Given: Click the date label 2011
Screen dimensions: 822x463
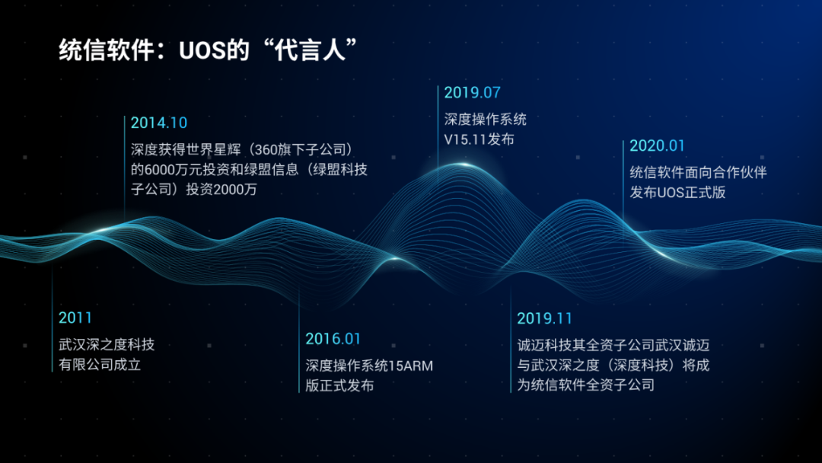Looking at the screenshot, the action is tap(75, 318).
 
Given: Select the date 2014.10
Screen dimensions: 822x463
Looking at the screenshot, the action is tap(159, 123).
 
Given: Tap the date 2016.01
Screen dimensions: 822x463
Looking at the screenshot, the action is tap(333, 339).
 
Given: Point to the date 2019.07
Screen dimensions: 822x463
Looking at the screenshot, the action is tap(473, 93).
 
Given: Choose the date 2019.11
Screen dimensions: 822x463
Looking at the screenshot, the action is tap(544, 318).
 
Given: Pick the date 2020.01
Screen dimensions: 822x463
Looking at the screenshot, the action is tap(657, 145).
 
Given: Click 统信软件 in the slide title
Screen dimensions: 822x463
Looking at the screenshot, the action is tap(107, 50).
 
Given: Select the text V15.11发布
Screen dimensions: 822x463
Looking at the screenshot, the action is tap(479, 139).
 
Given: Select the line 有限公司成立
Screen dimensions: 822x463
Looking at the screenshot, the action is tap(100, 365).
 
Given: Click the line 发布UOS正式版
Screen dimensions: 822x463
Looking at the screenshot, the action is tap(677, 193).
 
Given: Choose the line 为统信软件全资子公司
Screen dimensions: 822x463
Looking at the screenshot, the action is tap(585, 385).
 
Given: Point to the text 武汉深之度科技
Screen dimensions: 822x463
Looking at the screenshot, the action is tap(107, 344).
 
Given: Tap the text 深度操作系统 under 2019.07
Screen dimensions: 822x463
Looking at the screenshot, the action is tap(486, 120).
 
